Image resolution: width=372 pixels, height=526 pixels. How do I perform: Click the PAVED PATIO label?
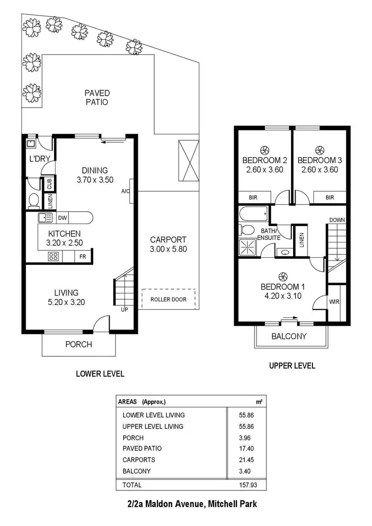point(97,97)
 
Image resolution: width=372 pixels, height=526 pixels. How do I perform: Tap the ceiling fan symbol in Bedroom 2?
point(264,150)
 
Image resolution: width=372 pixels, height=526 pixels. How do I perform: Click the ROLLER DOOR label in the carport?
point(169,299)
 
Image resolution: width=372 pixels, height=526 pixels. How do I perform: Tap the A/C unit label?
point(125,191)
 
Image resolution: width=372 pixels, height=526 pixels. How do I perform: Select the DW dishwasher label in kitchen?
point(62,218)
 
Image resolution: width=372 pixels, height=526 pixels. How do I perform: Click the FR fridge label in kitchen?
point(82,257)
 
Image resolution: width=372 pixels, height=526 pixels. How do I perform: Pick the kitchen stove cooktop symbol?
point(53,256)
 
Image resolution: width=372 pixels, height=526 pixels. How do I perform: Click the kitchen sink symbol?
point(45,217)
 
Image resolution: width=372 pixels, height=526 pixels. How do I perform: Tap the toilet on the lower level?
point(34,200)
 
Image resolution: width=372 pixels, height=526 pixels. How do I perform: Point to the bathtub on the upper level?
point(253,215)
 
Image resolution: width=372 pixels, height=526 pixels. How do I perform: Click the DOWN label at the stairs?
point(337,220)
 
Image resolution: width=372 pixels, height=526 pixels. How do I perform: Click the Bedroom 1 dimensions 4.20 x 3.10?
point(282,296)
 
